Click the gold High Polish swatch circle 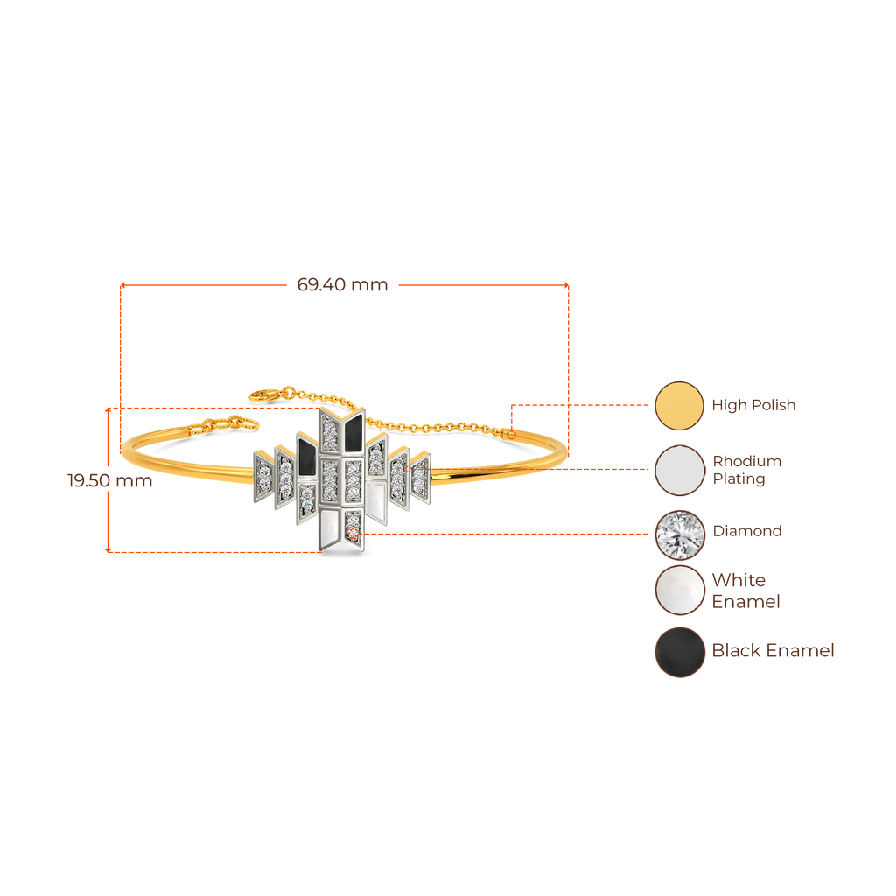click(x=679, y=405)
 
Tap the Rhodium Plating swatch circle click(x=679, y=470)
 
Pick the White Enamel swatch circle click(x=679, y=591)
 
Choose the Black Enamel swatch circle click(x=679, y=652)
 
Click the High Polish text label click(x=753, y=405)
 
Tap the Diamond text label click(x=746, y=531)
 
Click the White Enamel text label click(x=745, y=591)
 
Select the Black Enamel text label click(x=773, y=651)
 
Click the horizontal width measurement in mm click(x=343, y=284)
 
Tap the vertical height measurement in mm click(x=109, y=480)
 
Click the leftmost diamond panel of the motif click(x=264, y=473)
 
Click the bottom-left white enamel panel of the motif click(x=330, y=529)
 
